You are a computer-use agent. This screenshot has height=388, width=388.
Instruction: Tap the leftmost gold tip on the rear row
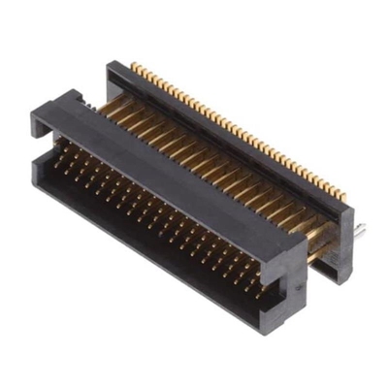pyautogui.click(x=135, y=67)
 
